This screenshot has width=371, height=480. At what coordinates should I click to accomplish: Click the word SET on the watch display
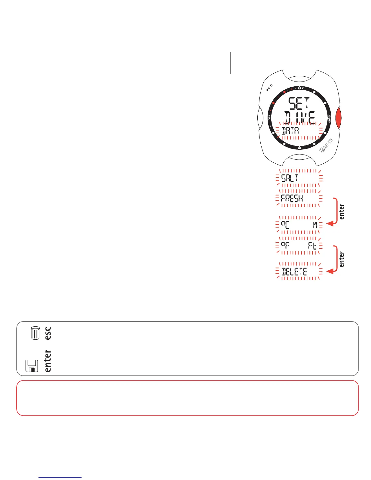(x=299, y=104)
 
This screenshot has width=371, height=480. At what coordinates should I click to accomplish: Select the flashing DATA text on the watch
(x=290, y=131)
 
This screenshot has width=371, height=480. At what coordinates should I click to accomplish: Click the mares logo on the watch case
(x=326, y=145)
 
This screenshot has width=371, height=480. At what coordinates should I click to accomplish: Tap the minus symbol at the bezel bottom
(x=299, y=148)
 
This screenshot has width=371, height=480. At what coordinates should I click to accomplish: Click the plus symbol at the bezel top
(x=299, y=88)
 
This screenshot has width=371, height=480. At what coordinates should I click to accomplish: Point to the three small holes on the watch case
(x=269, y=88)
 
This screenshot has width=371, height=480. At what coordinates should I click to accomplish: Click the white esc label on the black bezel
(x=269, y=118)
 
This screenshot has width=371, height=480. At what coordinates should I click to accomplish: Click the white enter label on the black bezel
(x=329, y=118)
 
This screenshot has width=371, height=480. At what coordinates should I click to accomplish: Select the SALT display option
(x=290, y=178)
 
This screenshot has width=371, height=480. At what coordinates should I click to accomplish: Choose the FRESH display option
(x=292, y=198)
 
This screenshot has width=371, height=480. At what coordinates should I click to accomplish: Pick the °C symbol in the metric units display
(x=285, y=225)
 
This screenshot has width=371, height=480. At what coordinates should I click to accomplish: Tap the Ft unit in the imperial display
(x=312, y=245)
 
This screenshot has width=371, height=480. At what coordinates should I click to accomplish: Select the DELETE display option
(x=294, y=272)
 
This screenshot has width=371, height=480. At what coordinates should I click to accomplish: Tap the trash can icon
(x=35, y=333)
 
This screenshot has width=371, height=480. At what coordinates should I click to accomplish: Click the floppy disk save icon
(x=32, y=366)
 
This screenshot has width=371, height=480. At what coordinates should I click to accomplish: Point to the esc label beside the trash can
(x=48, y=333)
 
